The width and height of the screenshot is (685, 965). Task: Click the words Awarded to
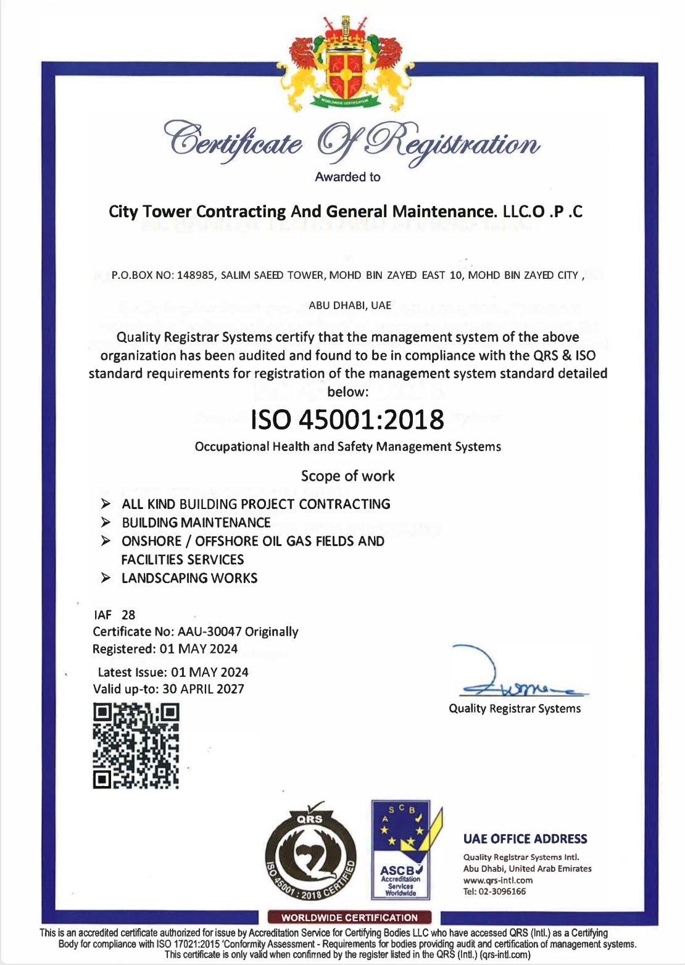point(347,177)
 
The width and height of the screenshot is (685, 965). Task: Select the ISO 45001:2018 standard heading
point(347,420)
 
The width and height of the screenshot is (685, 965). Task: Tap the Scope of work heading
point(347,476)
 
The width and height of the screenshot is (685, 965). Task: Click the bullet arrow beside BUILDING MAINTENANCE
point(106,523)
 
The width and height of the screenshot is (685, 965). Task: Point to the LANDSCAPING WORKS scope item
point(189,578)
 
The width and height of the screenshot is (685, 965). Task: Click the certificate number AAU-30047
point(209,632)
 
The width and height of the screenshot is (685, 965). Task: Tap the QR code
point(136,746)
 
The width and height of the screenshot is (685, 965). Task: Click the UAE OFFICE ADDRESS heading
point(525,839)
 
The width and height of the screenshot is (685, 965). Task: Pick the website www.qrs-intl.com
point(498,880)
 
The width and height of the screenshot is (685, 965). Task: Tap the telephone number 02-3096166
point(502,892)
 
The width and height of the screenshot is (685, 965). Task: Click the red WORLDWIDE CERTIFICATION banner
point(350,917)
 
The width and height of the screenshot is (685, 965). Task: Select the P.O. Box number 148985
point(195,275)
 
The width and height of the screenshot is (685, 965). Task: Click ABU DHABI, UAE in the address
point(350,305)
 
